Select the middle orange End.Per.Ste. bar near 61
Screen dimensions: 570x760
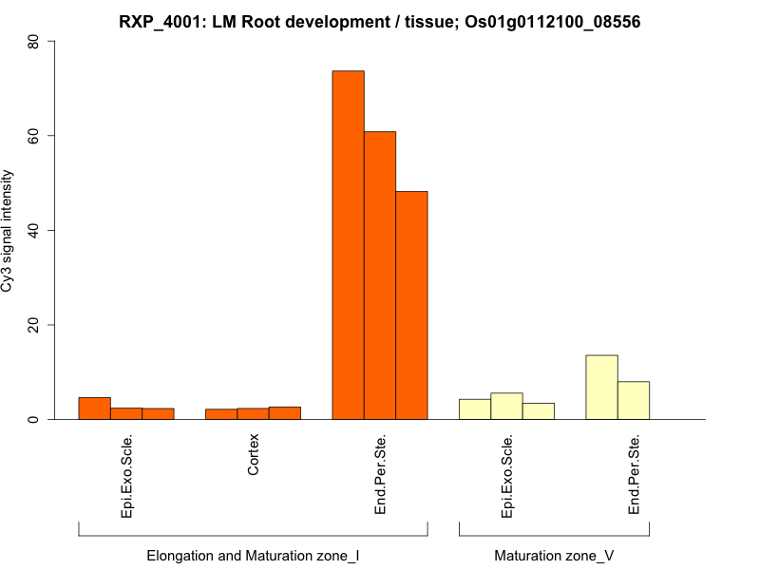380,275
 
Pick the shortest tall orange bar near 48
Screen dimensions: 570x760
411,305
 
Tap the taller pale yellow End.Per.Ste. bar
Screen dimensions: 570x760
601,388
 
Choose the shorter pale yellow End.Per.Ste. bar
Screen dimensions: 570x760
634,400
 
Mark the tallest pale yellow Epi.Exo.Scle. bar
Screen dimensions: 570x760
506,407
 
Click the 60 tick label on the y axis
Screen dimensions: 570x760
33,136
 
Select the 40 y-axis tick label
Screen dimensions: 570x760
33,230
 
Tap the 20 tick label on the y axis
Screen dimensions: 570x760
33,325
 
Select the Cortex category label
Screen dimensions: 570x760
254,455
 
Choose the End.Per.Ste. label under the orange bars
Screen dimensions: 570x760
380,475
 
